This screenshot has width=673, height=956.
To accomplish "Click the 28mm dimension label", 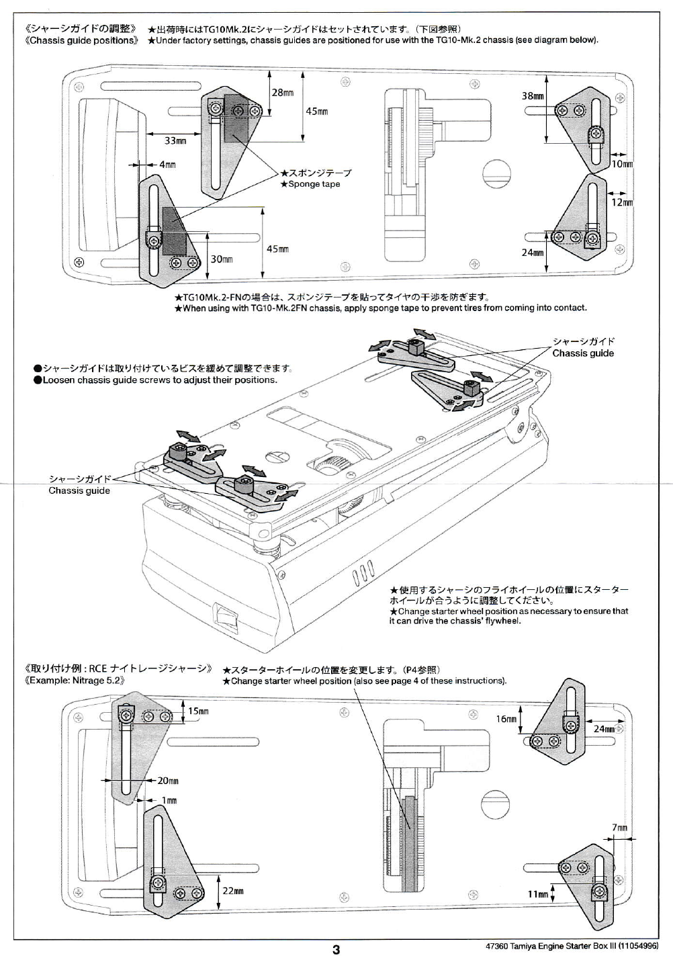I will (282, 92).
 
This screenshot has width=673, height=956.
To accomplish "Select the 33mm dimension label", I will (175, 141).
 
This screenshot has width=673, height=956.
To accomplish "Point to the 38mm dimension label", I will (533, 96).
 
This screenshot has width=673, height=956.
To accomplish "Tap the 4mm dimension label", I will (167, 165).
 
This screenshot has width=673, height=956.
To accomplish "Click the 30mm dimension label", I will (222, 259).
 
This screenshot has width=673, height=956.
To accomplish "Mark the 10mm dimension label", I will (623, 164).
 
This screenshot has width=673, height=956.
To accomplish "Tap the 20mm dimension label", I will (168, 781).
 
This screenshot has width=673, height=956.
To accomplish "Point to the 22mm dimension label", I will (232, 891).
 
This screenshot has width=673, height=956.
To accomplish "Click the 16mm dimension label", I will (506, 719).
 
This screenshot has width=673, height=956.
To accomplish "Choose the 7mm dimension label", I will (619, 828).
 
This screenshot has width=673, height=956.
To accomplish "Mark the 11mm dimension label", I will (538, 894).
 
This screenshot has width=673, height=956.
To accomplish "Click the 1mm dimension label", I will (169, 800).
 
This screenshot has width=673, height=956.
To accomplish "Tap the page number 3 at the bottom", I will (336, 949).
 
